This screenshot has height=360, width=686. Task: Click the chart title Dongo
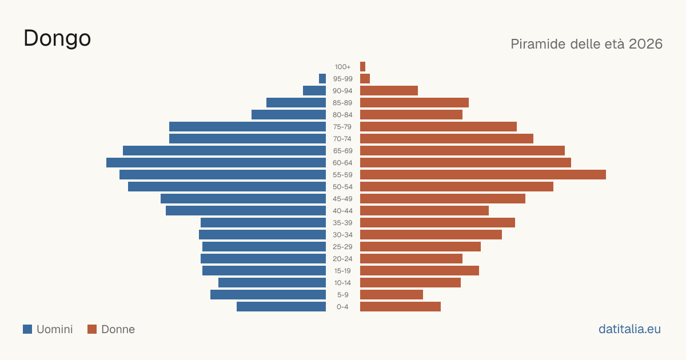(57, 39)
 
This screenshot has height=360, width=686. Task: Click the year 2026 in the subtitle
(645, 44)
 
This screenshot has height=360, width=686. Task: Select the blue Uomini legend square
(27, 329)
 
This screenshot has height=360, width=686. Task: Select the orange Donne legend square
(92, 329)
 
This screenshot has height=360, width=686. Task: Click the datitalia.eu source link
(629, 329)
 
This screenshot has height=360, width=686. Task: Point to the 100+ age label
(342, 67)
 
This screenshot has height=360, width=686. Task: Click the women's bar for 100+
(362, 66)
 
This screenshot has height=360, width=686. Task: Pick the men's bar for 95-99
(322, 79)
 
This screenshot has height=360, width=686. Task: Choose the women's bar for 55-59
(483, 174)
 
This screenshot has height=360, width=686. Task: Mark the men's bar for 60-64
(216, 162)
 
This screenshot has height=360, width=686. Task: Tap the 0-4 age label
(342, 307)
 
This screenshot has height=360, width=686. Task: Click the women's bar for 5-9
(392, 294)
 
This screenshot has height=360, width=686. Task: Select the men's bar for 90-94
(314, 91)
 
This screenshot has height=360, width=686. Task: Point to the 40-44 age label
(342, 211)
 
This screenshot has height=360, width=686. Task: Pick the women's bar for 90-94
(389, 91)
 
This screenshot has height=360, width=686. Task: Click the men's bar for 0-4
(281, 306)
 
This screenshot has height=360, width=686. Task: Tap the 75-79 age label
(342, 127)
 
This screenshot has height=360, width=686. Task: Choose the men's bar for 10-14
(272, 282)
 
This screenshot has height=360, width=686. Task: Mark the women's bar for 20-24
(411, 259)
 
